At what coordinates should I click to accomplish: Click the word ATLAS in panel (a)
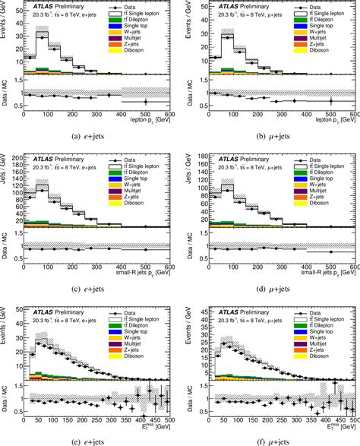tap(37, 8)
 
